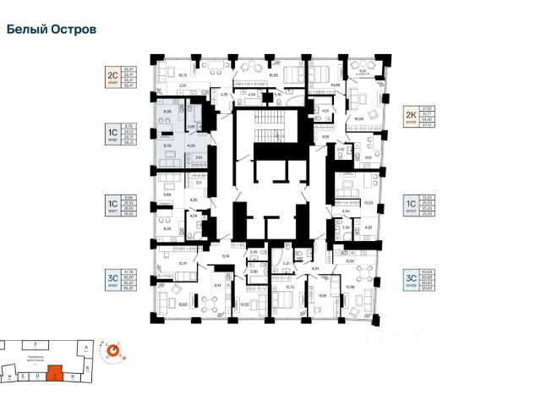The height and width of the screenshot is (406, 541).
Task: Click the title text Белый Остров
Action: click(52, 29)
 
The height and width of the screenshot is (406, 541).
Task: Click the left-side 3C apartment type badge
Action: click(110, 278)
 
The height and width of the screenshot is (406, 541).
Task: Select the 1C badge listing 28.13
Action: click(110, 136)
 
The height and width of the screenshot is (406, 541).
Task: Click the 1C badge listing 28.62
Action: click(110, 206)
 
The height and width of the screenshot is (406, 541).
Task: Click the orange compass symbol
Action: click(112, 349)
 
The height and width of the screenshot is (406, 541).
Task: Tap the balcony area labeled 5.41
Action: click(361, 72)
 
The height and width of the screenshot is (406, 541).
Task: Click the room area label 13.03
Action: click(369, 203)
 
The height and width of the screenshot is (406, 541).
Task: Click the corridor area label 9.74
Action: click(226, 255)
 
